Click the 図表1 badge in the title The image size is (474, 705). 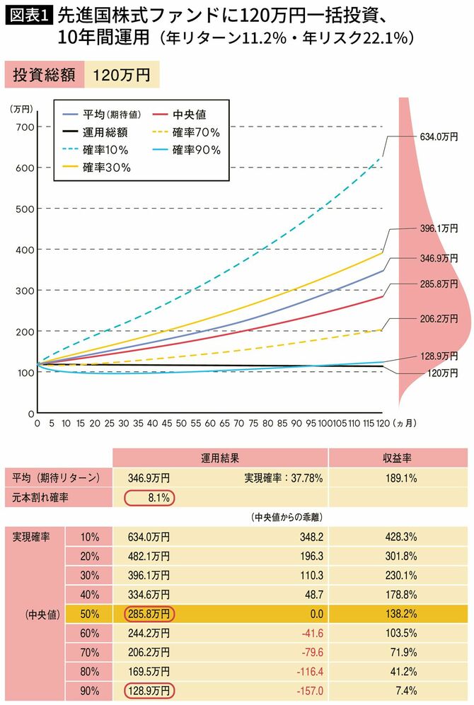(x=29, y=15)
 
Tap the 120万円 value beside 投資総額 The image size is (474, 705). (x=121, y=76)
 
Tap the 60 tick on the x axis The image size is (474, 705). (x=210, y=424)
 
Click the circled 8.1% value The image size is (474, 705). (x=149, y=498)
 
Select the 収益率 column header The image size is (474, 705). (x=398, y=458)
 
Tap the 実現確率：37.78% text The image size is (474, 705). (x=284, y=479)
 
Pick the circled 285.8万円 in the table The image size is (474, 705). (x=149, y=613)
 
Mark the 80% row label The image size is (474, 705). (x=89, y=670)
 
